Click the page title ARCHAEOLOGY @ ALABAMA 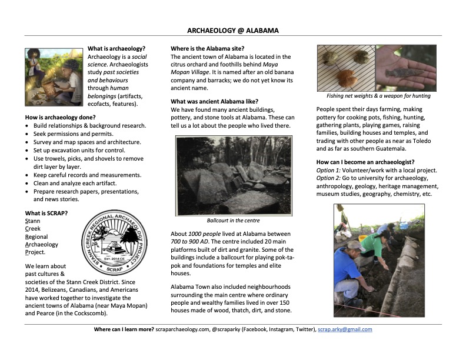pyautogui.click(x=233, y=30)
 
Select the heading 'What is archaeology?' pyautogui.click(x=116, y=48)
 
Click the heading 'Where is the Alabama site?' pyautogui.click(x=207, y=48)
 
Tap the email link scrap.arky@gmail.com pyautogui.click(x=345, y=329)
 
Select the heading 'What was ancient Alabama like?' pyautogui.click(x=214, y=101)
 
